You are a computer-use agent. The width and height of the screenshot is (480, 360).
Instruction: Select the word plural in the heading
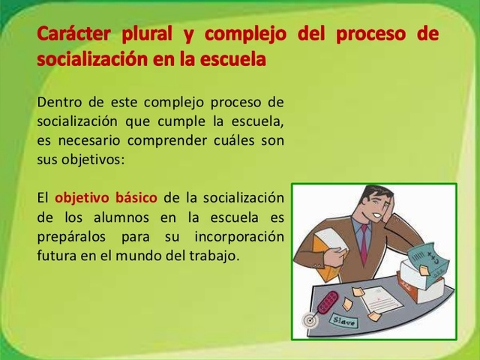[145, 35]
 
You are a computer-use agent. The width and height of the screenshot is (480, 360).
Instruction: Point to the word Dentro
[57, 102]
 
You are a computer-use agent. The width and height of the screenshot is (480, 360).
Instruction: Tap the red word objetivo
[82, 197]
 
